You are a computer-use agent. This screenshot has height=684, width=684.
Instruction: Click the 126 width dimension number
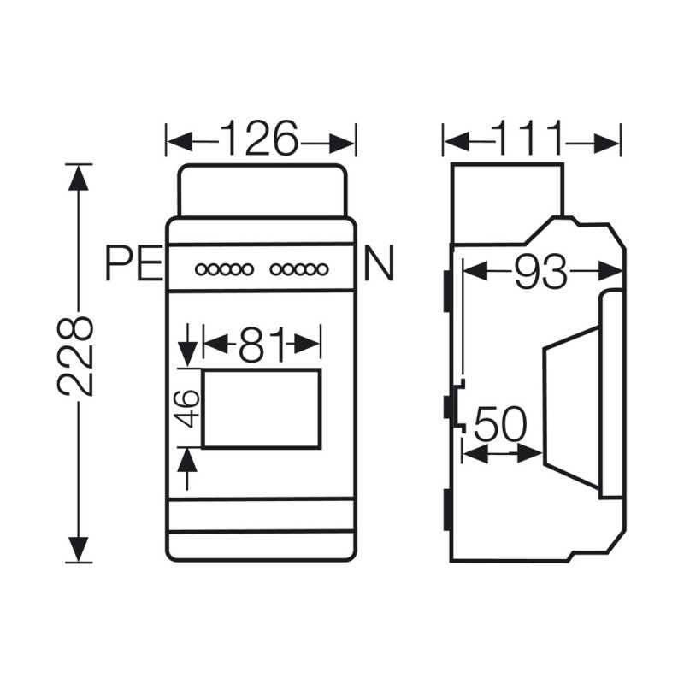click(260, 138)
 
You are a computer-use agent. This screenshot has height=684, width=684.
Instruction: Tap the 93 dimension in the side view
click(540, 272)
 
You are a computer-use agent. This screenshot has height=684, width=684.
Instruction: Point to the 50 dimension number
click(501, 425)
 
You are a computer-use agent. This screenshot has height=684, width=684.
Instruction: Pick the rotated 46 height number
click(190, 408)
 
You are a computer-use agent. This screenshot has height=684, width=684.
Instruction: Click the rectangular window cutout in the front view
click(262, 409)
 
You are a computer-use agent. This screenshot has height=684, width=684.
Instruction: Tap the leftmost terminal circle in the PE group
click(201, 270)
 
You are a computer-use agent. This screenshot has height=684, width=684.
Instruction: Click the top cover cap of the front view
click(262, 190)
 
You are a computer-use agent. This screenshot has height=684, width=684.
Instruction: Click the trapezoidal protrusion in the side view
click(571, 409)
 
